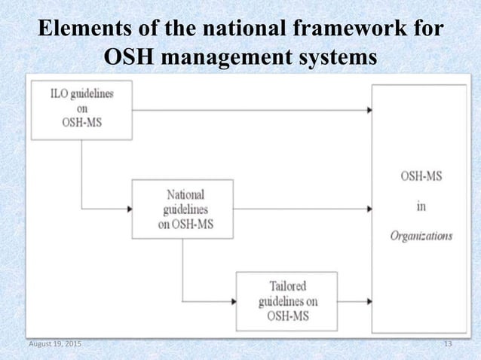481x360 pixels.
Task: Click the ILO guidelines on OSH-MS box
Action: tap(81, 111)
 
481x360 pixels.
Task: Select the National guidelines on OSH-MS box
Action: tap(182, 208)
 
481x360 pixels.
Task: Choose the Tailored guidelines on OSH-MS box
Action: tap(286, 301)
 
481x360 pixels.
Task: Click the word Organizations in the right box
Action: tap(421, 235)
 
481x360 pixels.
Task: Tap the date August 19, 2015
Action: tap(55, 344)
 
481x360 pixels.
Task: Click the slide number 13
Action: tap(449, 344)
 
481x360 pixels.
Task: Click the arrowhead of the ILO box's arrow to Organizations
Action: tap(369, 110)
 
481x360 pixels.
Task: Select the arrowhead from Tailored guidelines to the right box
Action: tap(369, 301)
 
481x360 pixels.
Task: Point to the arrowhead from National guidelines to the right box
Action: tap(369, 208)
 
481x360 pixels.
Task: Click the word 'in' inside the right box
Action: tap(421, 207)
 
